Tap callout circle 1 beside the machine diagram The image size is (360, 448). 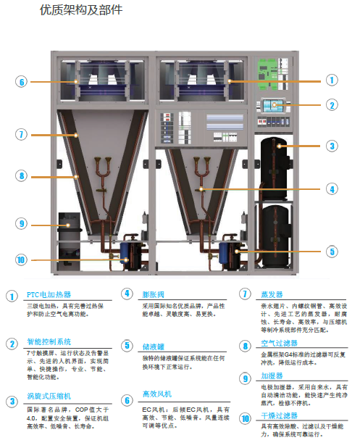pyautogui.click(x=332, y=80)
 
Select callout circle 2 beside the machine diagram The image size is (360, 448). pyautogui.click(x=332, y=104)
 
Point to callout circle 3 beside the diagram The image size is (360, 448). pyautogui.click(x=332, y=146)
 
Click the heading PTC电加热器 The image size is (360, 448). pyautogui.click(x=49, y=295)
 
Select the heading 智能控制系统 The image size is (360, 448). pyautogui.click(x=49, y=342)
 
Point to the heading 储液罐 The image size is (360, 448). pyautogui.click(x=154, y=347)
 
